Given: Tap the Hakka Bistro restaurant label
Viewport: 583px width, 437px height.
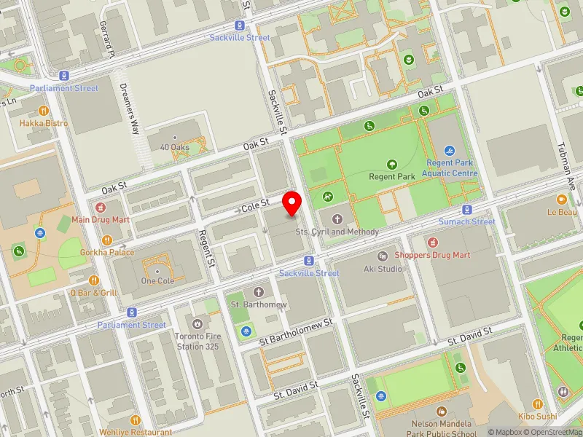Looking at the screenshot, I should click(44, 123).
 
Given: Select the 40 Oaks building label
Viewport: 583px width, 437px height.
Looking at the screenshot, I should click(174, 147).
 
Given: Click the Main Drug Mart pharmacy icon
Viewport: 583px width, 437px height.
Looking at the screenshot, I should click(101, 208).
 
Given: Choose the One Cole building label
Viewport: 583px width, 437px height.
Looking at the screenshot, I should click(157, 281).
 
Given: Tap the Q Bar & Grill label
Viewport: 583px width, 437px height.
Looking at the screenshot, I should click(93, 292).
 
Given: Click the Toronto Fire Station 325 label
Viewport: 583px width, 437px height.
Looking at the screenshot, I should click(196, 341).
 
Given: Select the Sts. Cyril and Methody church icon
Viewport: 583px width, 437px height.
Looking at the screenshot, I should click(337, 219).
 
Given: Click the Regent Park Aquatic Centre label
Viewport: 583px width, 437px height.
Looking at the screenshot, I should click(451, 168).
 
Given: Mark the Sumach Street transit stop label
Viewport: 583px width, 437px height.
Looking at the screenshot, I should click(466, 221).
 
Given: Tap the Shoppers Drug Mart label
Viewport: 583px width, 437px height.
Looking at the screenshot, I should click(432, 255).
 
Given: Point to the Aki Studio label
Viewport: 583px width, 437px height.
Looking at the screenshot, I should click(383, 268).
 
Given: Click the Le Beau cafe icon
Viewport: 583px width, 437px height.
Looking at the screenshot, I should click(561, 200).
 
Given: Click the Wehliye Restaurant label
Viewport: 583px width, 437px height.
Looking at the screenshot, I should click(135, 432).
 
